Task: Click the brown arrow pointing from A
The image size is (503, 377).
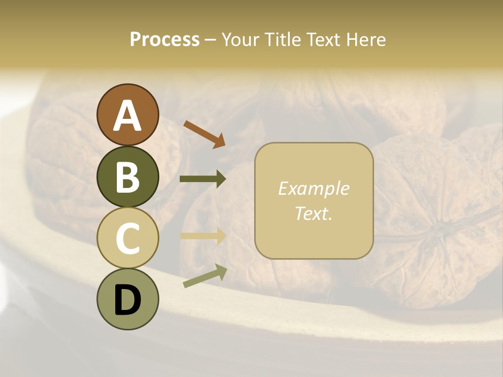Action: [204, 134]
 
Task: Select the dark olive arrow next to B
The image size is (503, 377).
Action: [203, 179]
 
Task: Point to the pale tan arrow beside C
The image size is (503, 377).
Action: [203, 236]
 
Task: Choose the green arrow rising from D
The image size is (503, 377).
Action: [205, 276]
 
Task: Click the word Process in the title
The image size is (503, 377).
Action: [165, 40]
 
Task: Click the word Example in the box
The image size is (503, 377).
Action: [313, 188]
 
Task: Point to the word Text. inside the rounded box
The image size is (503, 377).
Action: [313, 213]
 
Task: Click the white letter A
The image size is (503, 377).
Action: [127, 116]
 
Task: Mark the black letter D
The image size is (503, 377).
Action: [127, 300]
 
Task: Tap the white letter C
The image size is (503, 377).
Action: [127, 238]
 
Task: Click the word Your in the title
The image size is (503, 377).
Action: [240, 40]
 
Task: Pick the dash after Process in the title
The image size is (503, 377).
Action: [211, 40]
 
